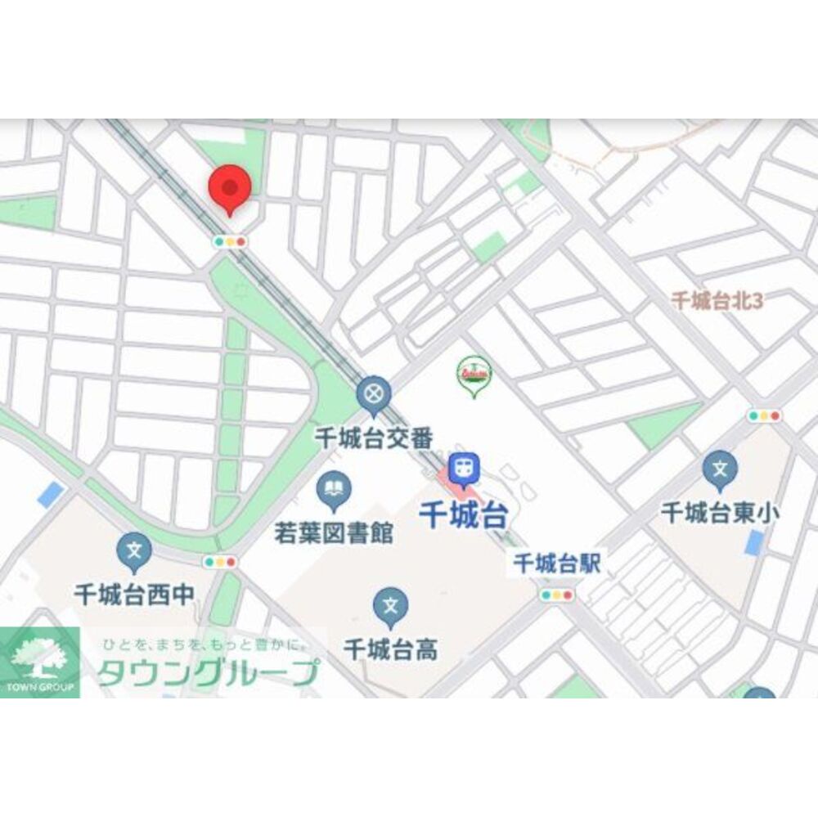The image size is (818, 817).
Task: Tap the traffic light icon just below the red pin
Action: [230, 241]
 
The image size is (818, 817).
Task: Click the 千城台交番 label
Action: [374, 438]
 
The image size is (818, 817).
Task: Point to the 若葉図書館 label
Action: [334, 533]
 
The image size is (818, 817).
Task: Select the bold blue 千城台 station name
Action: [463, 515]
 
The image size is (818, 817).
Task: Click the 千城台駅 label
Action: [556, 562]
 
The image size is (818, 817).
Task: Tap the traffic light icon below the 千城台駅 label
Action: [556, 595]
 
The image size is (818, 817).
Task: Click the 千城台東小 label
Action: [720, 513]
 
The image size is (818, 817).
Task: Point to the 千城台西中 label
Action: [134, 595]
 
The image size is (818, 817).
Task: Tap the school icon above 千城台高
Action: [391, 605]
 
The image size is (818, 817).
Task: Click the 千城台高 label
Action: [391, 649]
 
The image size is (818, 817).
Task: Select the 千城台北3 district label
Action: [717, 300]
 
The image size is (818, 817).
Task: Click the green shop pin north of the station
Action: [473, 375]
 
